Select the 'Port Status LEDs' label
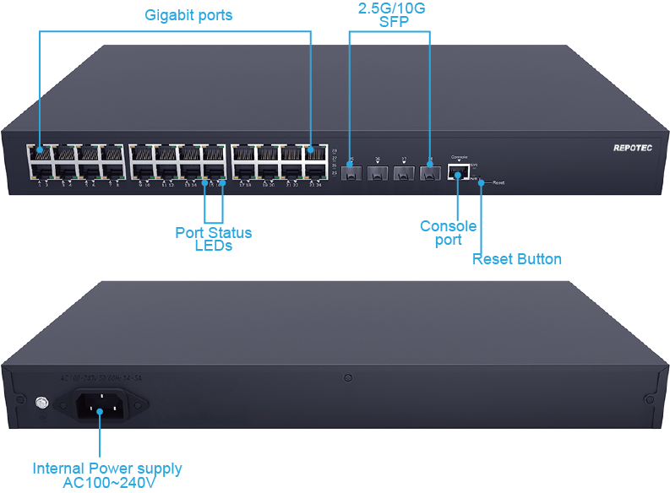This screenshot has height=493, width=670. pos(213,239)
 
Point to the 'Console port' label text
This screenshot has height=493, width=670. pos(448,233)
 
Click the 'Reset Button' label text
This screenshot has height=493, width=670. pos(516,259)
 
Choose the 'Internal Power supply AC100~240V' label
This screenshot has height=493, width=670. pos(106,475)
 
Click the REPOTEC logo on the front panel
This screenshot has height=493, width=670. pos(632,148)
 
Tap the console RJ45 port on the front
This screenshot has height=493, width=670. pos(459,173)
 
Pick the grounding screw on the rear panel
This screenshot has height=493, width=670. pos(40,405)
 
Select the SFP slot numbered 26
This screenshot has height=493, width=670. pos(379,174)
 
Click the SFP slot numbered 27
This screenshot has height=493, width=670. pos(404,174)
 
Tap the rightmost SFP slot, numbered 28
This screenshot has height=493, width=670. pos(430,174)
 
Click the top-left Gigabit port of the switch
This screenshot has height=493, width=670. pos(40,153)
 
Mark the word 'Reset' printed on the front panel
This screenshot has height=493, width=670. pos(498,182)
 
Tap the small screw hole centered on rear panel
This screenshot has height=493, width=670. pos(347,377)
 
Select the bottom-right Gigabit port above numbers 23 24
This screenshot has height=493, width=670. pos(315,171)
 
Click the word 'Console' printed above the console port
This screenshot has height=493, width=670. pos(459,158)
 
